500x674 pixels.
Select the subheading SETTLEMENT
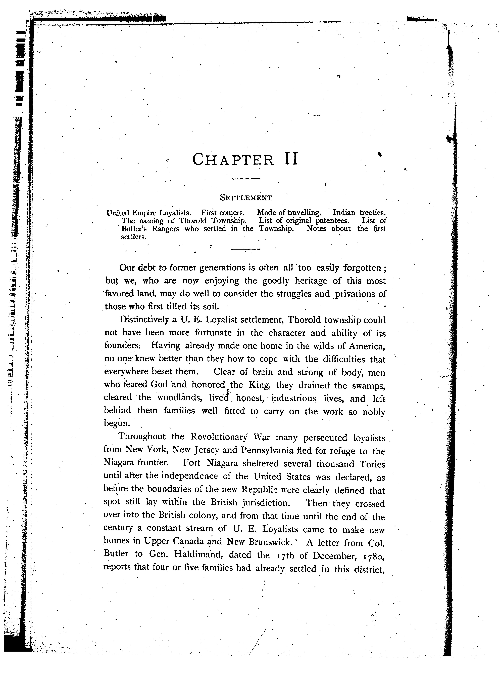(246, 198)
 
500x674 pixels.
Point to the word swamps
(368, 386)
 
